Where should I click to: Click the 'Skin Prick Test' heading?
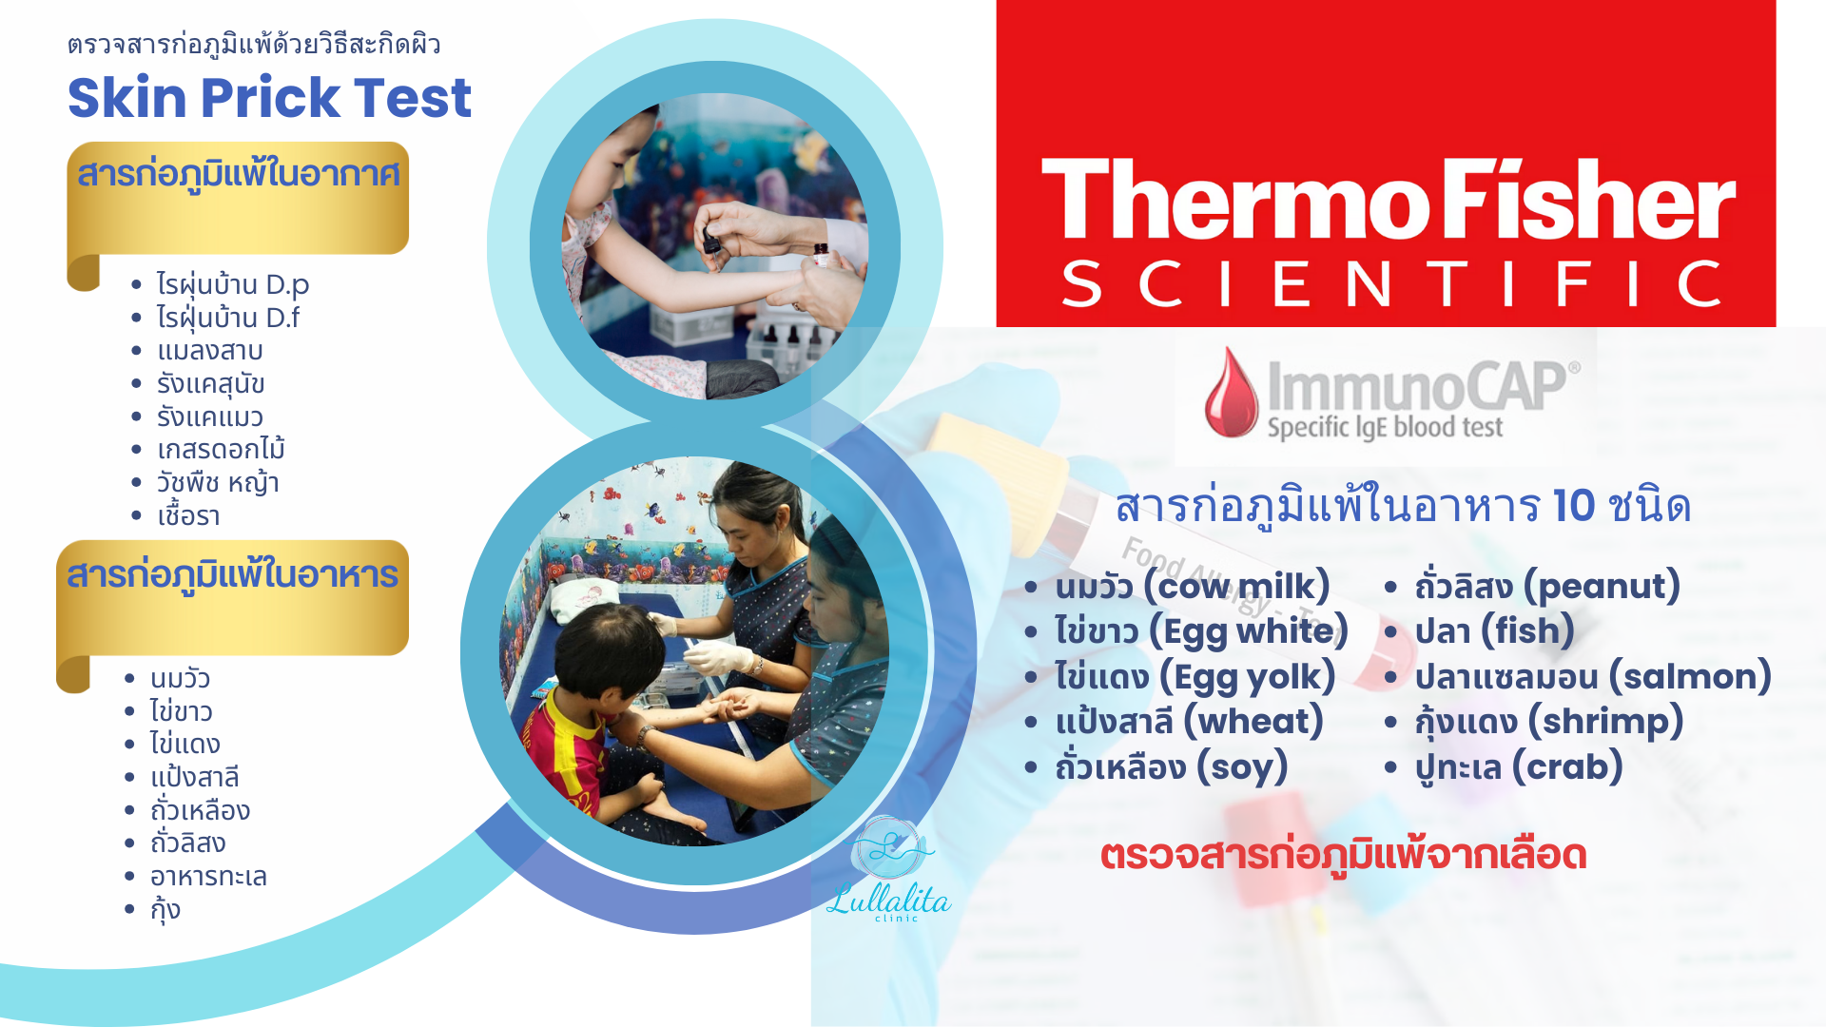coord(269,98)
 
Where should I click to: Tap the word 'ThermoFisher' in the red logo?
coord(1389,200)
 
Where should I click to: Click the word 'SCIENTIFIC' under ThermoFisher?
coord(1391,283)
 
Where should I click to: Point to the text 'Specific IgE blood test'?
coord(1385,428)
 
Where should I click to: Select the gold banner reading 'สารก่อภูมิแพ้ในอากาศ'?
coord(238,200)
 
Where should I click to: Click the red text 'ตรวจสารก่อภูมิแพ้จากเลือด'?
coord(1343,855)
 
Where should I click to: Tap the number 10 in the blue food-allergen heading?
coord(1573,506)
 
